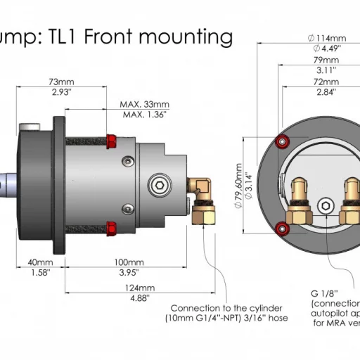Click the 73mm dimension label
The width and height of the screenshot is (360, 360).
[62, 82]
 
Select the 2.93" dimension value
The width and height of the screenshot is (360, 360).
[62, 92]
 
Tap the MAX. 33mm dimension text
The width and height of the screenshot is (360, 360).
[143, 104]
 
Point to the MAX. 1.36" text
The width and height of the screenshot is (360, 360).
[143, 114]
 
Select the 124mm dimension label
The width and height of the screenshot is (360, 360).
[140, 288]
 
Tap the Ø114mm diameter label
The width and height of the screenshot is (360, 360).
[324, 38]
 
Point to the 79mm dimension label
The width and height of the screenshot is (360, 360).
[324, 60]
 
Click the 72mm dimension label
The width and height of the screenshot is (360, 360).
[324, 82]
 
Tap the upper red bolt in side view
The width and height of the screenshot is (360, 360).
[111, 136]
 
